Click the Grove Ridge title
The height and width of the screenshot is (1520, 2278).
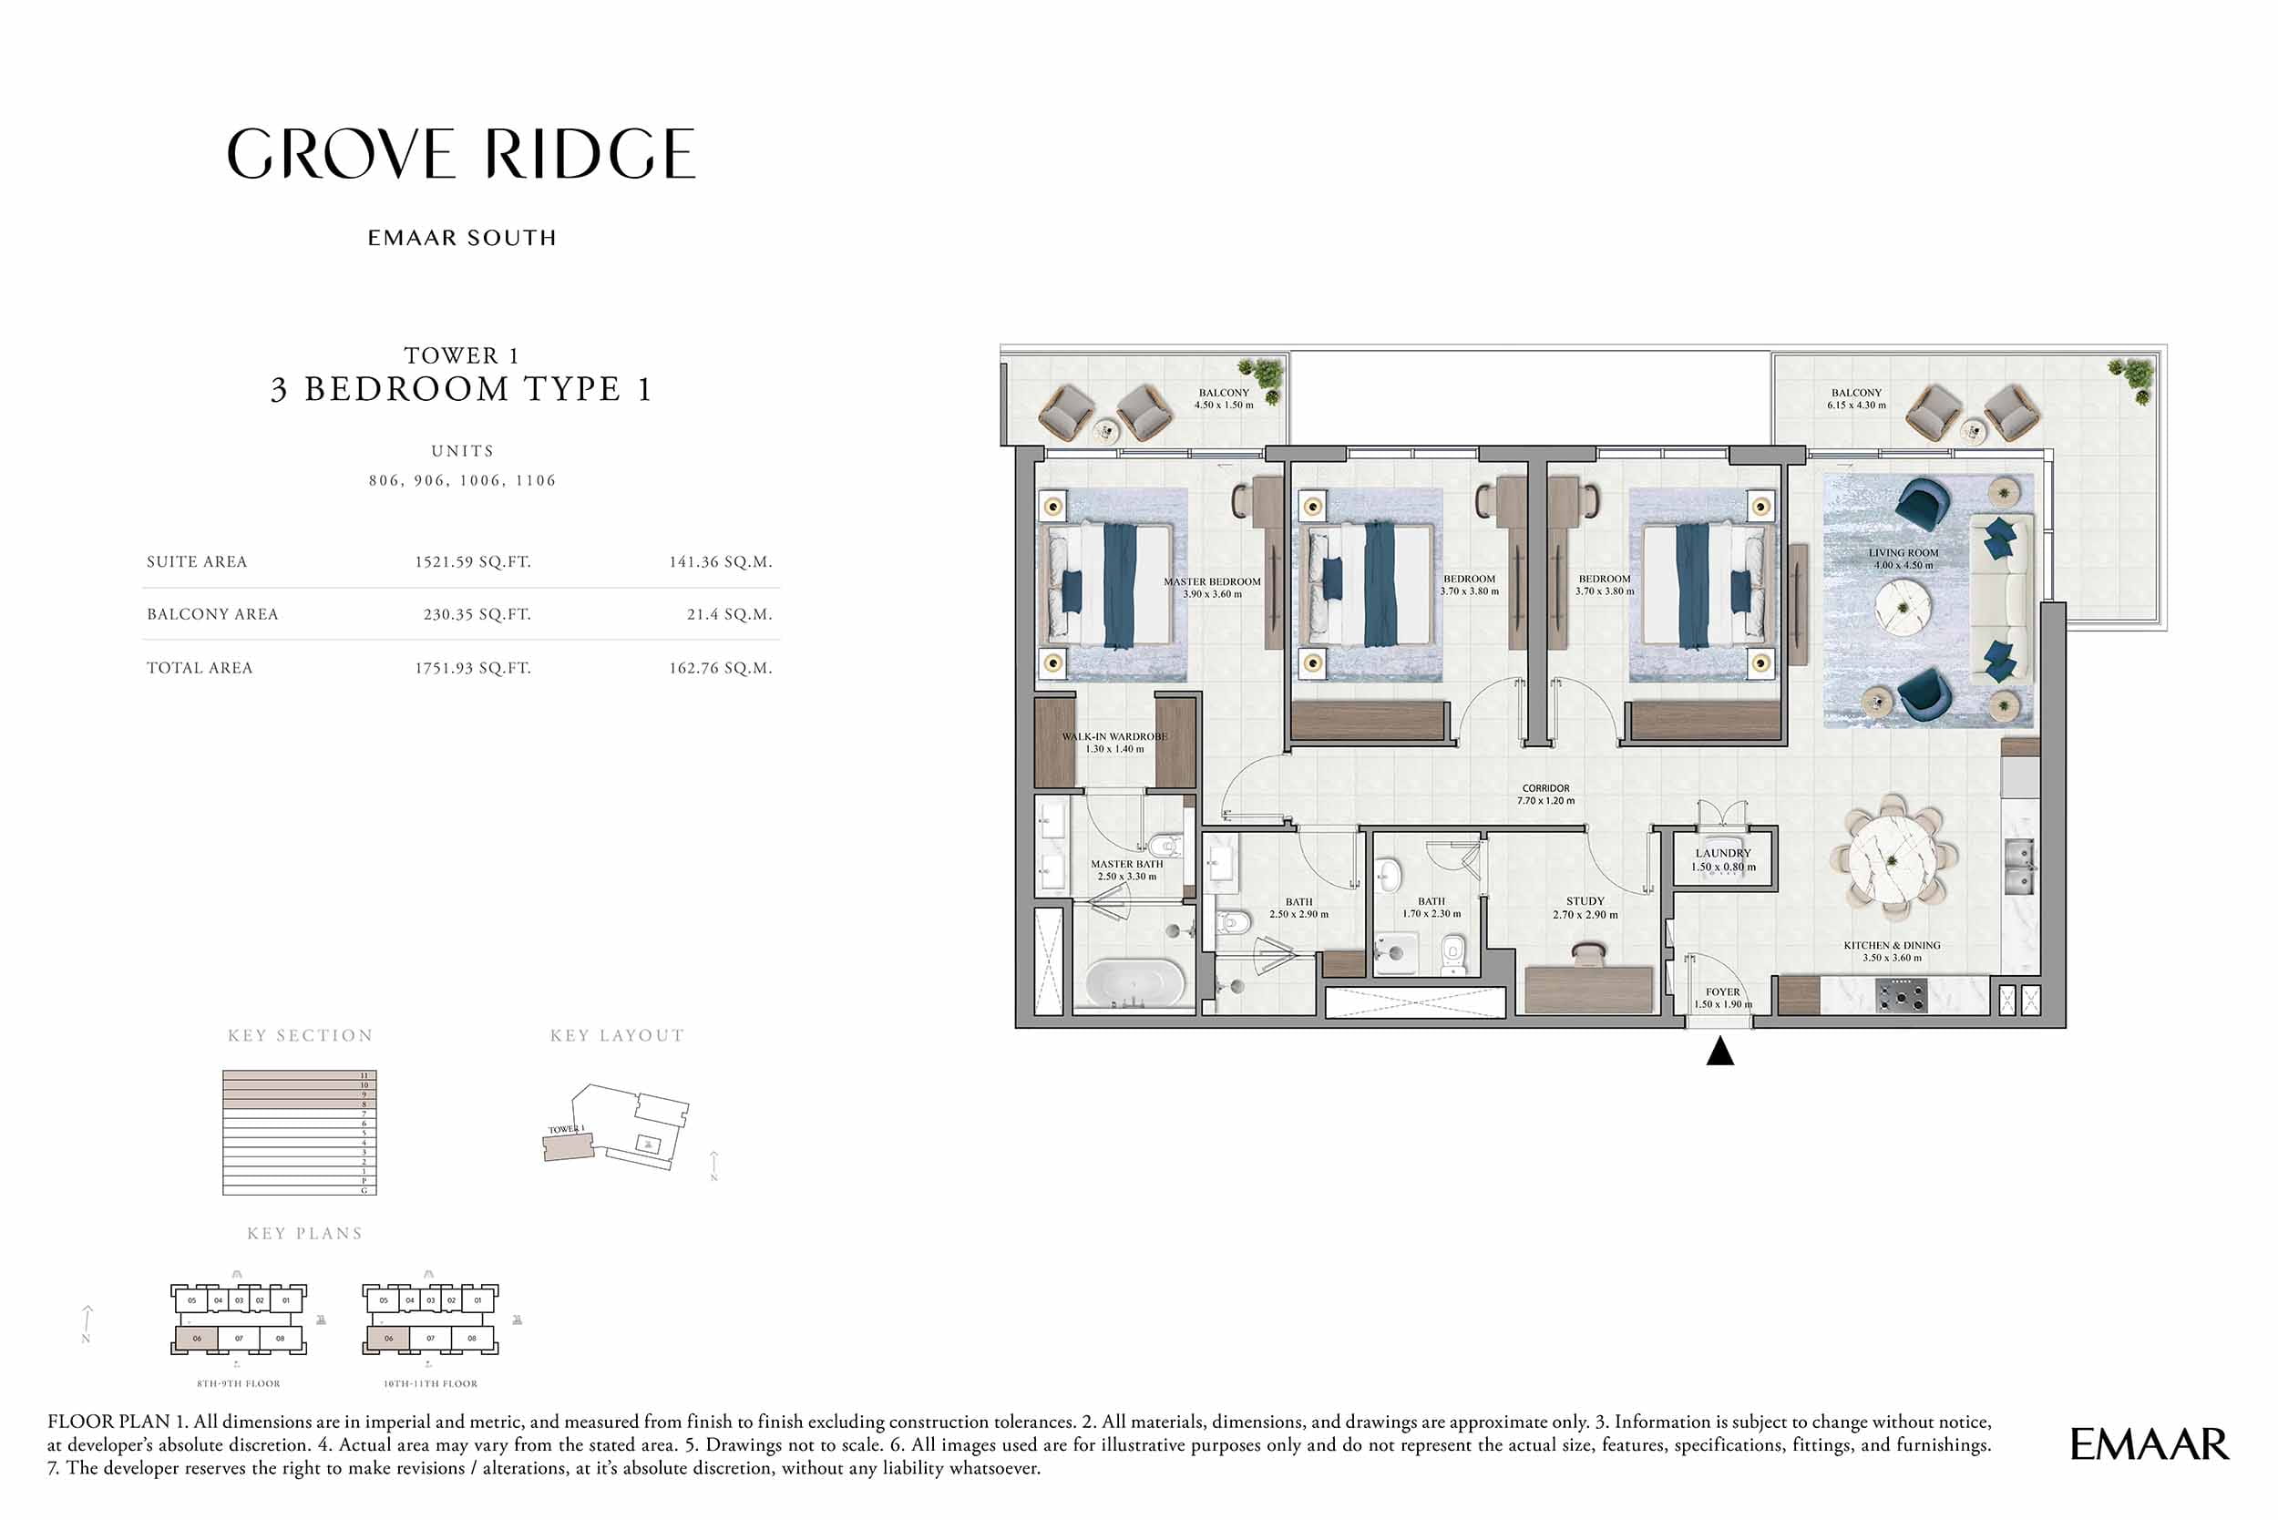pyautogui.click(x=461, y=154)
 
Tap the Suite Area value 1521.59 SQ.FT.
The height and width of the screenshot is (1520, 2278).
pyautogui.click(x=472, y=562)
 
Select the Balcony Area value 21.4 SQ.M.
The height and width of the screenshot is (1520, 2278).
pyautogui.click(x=729, y=614)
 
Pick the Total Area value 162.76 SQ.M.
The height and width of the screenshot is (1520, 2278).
pyautogui.click(x=720, y=668)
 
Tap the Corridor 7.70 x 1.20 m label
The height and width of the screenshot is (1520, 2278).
pyautogui.click(x=1545, y=794)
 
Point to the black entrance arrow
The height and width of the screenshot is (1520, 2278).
pyautogui.click(x=1719, y=1051)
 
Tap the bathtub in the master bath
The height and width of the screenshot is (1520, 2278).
pyautogui.click(x=1134, y=983)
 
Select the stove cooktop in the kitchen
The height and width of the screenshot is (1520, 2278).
pyautogui.click(x=1901, y=995)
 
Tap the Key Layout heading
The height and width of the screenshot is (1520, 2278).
pyautogui.click(x=617, y=1036)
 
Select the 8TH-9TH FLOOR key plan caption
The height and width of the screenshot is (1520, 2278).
pyautogui.click(x=239, y=1383)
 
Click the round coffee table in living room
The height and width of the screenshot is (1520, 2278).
pyautogui.click(x=1903, y=608)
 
